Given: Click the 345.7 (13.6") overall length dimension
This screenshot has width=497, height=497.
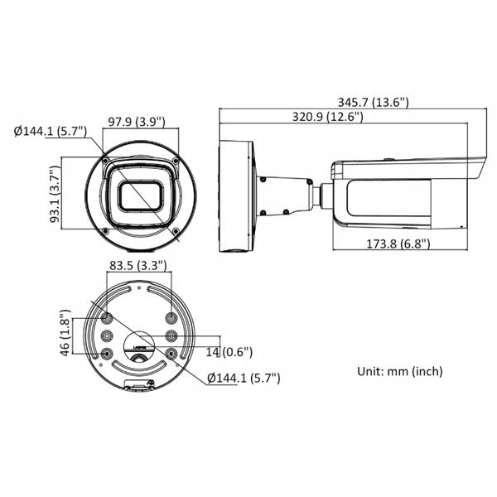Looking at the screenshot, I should click(379, 102).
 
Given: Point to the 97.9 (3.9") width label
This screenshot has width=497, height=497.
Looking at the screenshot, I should click(138, 123).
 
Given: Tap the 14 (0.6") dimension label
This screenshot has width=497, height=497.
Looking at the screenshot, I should click(229, 352).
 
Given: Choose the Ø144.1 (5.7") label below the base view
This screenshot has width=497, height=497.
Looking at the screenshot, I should click(243, 378).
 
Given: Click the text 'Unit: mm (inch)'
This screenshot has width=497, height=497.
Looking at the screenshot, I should click(399, 371).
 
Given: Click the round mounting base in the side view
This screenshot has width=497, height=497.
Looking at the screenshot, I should click(236, 195).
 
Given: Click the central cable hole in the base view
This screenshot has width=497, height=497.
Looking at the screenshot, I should click(138, 341).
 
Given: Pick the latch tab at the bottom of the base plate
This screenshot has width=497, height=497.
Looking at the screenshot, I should click(138, 384).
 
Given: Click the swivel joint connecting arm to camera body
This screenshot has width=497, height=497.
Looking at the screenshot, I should click(325, 195).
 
